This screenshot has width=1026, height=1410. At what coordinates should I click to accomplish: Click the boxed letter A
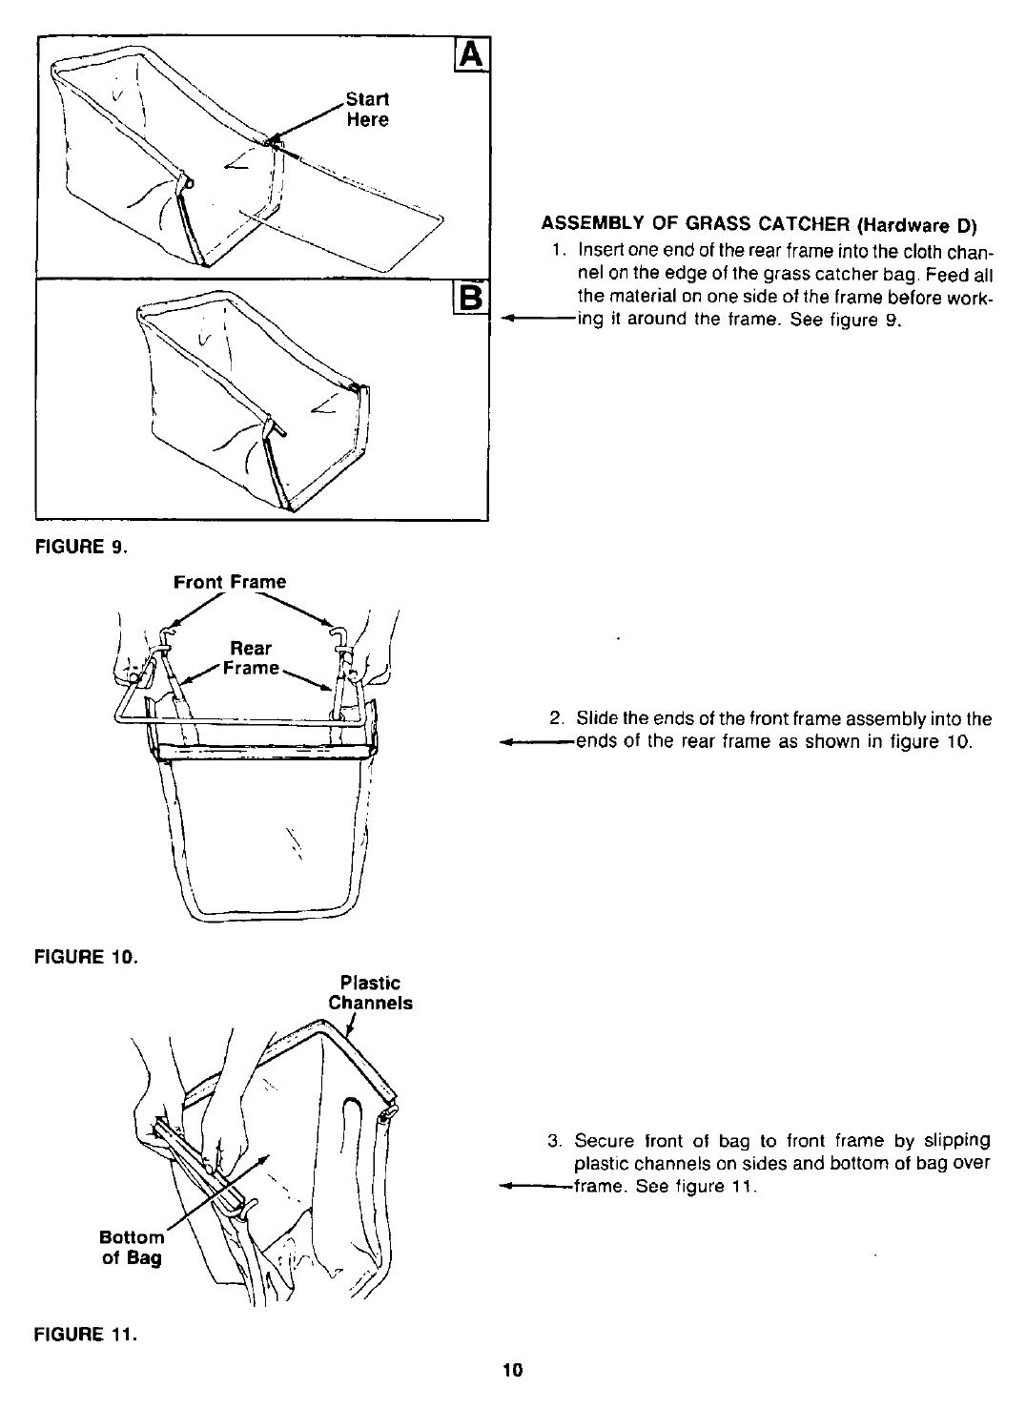[x=473, y=55]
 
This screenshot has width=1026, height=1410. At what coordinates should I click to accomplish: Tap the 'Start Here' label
[x=367, y=109]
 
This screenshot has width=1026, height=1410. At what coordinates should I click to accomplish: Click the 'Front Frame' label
[x=230, y=581]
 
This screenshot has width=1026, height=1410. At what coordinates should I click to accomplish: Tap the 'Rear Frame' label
[x=252, y=658]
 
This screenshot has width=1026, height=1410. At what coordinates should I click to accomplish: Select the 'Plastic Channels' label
[x=370, y=992]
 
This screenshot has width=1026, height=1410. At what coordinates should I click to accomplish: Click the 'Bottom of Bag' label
[x=132, y=1248]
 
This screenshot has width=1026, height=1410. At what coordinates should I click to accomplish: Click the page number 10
[x=513, y=1371]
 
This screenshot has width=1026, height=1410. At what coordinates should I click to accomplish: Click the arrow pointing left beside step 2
[x=534, y=742]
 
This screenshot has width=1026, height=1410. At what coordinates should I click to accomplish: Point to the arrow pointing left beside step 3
[x=534, y=1188]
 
